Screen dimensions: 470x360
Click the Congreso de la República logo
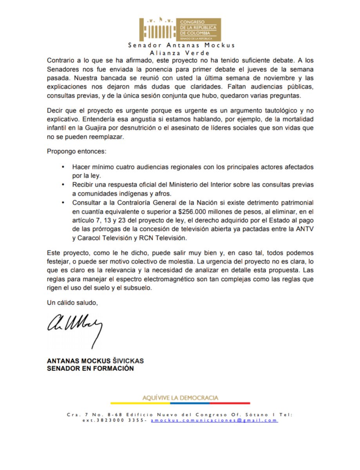180,29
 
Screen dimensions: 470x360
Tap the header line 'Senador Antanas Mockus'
181,45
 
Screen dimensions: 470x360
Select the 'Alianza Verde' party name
180,52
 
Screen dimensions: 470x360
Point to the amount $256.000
192,211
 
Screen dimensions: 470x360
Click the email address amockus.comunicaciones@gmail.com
214,420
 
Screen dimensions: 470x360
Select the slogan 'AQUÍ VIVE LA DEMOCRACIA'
181,398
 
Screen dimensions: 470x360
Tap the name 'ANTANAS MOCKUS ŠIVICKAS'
95,361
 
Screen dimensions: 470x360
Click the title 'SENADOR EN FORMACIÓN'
90,369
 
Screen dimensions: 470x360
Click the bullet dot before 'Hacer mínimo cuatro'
63,167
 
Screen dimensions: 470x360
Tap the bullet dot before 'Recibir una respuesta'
63,184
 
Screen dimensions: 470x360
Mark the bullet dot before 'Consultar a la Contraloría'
63,202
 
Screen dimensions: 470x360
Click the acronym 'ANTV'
305,229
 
